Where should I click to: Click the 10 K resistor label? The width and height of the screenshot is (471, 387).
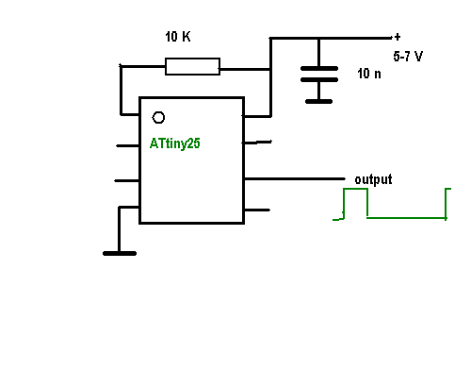pos(178,37)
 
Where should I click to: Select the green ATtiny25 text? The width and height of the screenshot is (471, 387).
pos(175,143)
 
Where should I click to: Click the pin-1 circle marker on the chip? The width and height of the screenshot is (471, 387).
pos(158,118)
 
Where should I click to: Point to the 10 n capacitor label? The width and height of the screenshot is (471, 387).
pos(369,74)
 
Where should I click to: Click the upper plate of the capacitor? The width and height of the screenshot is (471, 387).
pos(319,68)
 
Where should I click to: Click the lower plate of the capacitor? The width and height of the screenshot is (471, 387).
pos(319,79)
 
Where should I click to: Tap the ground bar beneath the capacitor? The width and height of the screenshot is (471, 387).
pos(318,101)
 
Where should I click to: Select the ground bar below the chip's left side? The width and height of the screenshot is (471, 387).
pos(120,253)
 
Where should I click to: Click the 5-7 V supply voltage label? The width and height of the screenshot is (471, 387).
pos(408,57)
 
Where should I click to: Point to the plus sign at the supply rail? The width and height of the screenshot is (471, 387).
pos(398,37)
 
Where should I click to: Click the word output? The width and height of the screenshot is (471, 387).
pos(373,179)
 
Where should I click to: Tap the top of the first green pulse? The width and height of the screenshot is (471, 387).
pos(355,189)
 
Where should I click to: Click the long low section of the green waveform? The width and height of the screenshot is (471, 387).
pos(406,218)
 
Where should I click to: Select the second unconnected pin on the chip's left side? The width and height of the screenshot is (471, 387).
pos(127,180)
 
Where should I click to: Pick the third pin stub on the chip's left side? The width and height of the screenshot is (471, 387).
pos(127,180)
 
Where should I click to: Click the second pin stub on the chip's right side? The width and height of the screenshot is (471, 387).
pos(257,143)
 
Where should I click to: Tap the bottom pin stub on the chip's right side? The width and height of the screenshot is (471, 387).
pos(257,210)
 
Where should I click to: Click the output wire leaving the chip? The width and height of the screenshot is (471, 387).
pos(295,178)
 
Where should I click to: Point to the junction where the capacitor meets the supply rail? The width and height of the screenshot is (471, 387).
pos(318,39)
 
